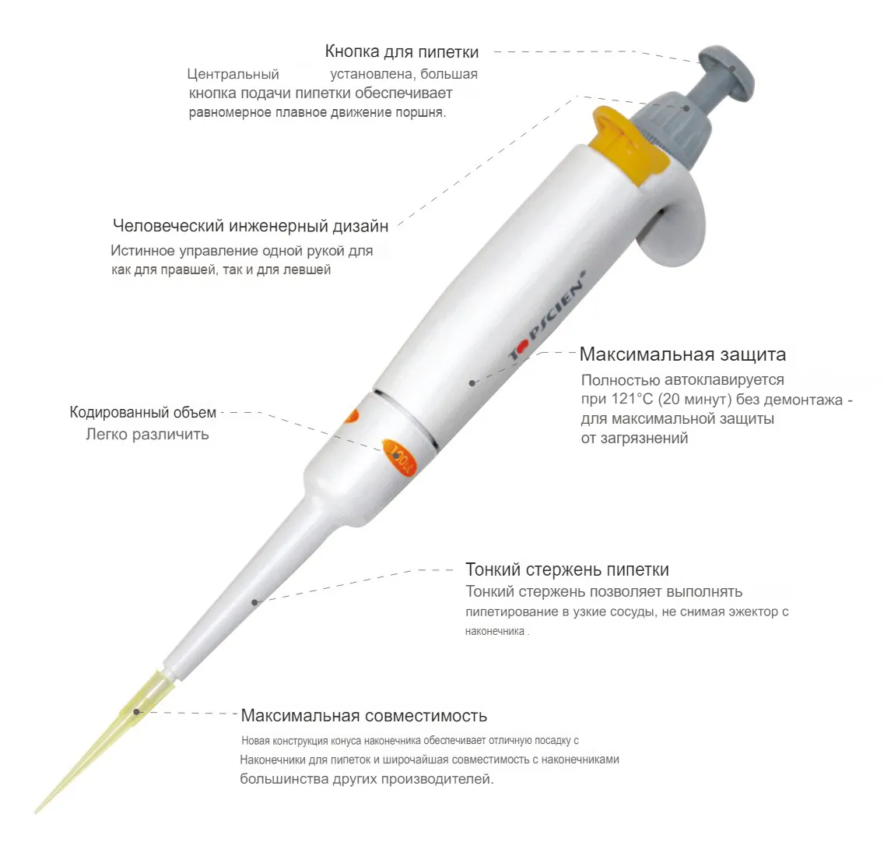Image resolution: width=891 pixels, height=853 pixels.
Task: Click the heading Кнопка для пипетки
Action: click(402, 51)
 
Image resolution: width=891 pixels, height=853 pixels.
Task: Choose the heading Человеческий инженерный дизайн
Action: click(251, 226)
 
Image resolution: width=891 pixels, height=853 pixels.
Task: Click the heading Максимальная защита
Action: click(682, 354)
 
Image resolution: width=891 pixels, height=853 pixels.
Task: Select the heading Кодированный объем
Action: click(142, 412)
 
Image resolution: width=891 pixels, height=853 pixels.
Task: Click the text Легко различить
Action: click(147, 435)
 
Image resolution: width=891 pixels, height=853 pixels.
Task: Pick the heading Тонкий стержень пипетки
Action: click(567, 569)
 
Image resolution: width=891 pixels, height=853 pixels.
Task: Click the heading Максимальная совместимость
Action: click(363, 715)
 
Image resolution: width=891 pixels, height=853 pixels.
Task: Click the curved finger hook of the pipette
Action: click(674, 227)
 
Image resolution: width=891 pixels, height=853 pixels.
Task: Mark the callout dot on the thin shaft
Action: click(255, 601)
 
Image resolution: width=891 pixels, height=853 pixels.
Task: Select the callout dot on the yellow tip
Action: click(136, 711)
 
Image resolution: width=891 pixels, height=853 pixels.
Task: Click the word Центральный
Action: click(233, 75)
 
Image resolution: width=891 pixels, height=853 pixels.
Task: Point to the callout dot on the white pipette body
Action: click(472, 383)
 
